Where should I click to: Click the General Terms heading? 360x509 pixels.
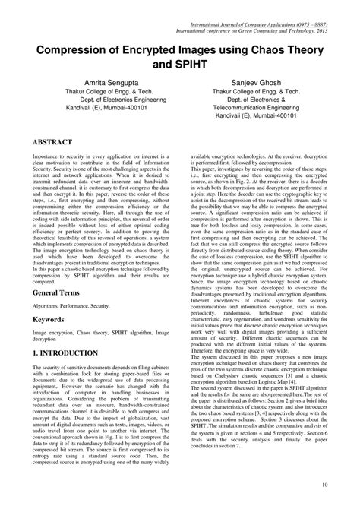coord(58,271)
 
